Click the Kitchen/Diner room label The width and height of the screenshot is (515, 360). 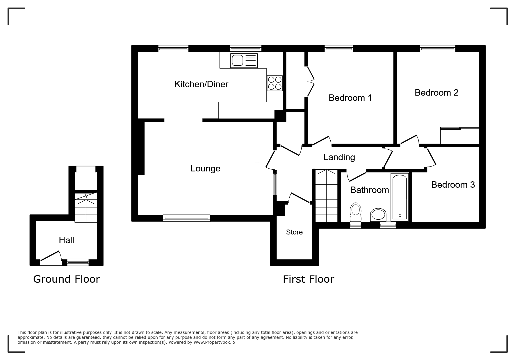pyautogui.click(x=201, y=84)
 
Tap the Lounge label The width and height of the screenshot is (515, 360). pyautogui.click(x=205, y=169)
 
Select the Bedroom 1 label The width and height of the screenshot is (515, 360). pyautogui.click(x=350, y=98)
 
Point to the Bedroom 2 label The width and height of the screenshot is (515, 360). pyautogui.click(x=436, y=93)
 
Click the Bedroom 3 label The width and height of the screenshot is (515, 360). pyautogui.click(x=453, y=185)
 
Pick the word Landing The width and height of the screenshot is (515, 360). pyautogui.click(x=339, y=157)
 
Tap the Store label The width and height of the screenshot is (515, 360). pyautogui.click(x=294, y=232)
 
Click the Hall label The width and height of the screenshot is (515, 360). pyautogui.click(x=66, y=240)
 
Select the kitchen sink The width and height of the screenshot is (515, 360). pyautogui.click(x=244, y=60)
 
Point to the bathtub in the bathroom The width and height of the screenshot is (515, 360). pyautogui.click(x=400, y=197)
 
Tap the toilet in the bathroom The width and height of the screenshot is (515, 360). pyautogui.click(x=356, y=213)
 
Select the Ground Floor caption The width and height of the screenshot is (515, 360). pyautogui.click(x=67, y=279)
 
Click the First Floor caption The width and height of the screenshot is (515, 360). pyautogui.click(x=309, y=280)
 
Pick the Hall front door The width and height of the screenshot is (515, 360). pyautogui.click(x=51, y=258)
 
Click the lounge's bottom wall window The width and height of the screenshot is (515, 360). pyautogui.click(x=186, y=218)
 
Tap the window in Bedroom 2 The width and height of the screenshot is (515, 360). pyautogui.click(x=438, y=49)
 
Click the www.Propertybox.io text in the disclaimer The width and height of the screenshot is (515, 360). pyautogui.click(x=214, y=342)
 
